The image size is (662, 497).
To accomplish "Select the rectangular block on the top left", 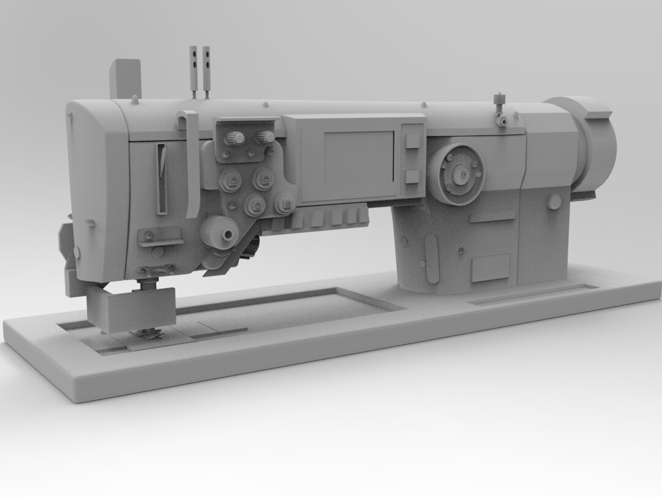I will [x=126, y=78].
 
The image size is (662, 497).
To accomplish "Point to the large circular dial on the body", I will [x=456, y=174].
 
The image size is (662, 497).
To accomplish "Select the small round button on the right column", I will [x=554, y=202].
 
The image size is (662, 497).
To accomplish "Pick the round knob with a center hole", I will [x=220, y=233].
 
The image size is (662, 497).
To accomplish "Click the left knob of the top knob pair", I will [x=234, y=139].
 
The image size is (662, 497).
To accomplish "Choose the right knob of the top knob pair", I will [x=266, y=137].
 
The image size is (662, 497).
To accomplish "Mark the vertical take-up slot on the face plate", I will [x=161, y=179].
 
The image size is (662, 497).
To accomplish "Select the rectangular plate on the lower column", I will [x=490, y=268].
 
